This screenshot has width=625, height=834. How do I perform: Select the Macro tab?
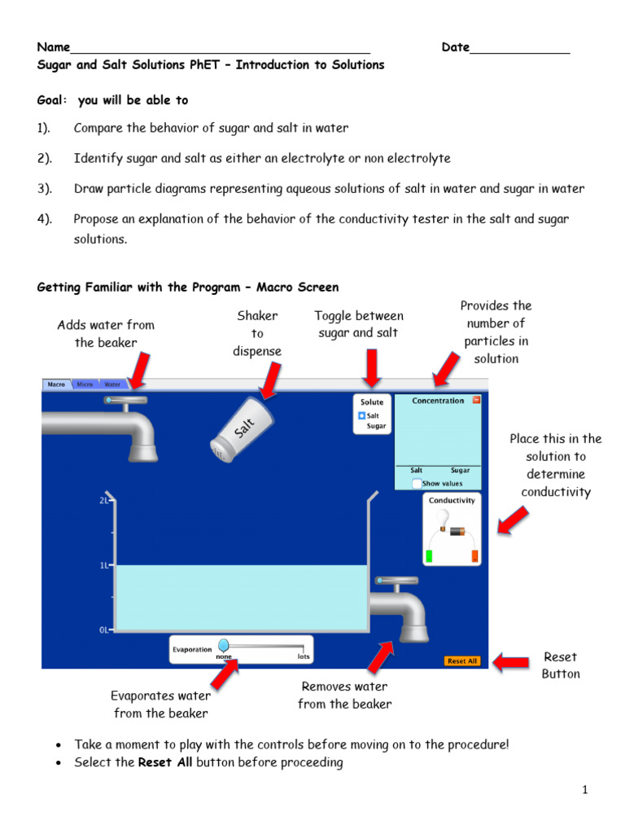[56, 384]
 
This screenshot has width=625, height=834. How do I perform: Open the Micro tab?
[85, 384]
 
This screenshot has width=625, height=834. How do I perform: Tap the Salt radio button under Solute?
[362, 415]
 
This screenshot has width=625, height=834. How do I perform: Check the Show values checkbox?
[417, 483]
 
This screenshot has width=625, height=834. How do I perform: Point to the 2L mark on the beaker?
[104, 501]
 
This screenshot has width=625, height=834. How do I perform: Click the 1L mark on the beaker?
[104, 565]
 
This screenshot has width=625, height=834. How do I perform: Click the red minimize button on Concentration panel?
[476, 400]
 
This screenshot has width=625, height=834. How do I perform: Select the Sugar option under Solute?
[376, 426]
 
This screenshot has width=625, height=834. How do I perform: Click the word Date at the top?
[455, 47]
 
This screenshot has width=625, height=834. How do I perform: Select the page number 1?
[584, 789]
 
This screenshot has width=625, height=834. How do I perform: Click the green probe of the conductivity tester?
[429, 556]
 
